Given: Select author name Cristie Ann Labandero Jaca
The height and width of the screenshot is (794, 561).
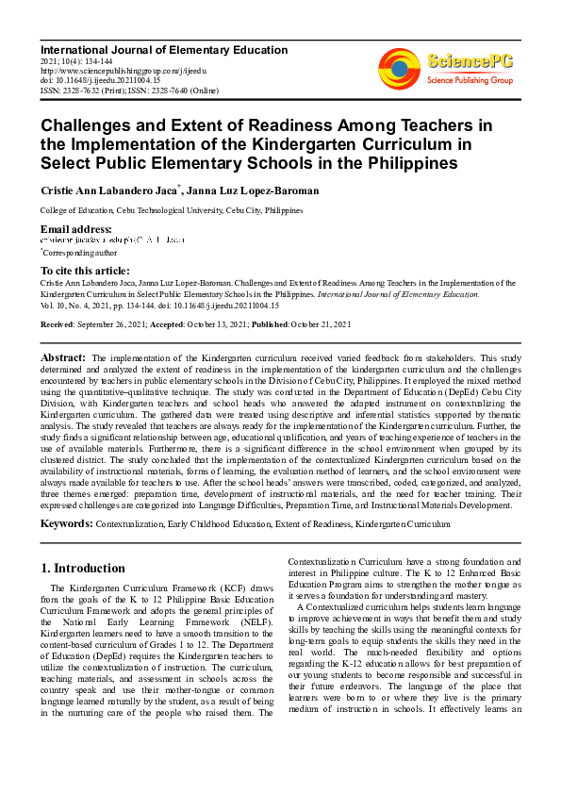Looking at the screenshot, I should tap(112, 190).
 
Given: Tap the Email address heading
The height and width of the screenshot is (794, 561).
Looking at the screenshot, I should tap(75, 229).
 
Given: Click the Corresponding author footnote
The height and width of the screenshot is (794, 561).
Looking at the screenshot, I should tap(80, 253).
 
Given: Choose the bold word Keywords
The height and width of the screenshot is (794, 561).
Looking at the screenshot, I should tap(66, 523).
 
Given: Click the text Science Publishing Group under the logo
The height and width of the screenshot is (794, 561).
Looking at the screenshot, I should tap(470, 81).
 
